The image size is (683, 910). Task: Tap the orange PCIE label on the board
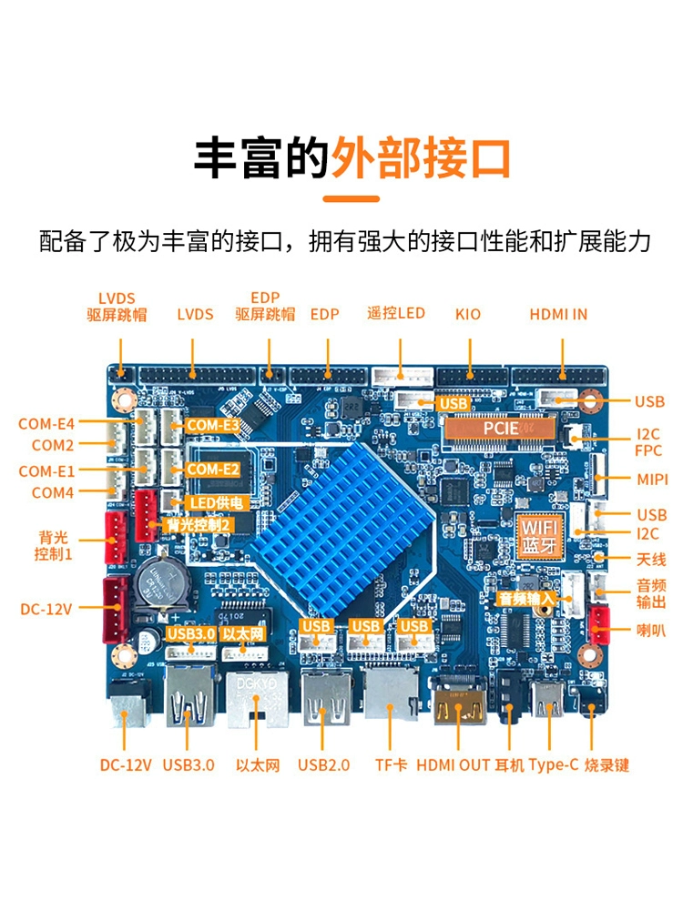tap(501, 429)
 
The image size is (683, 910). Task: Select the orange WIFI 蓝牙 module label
tap(539, 536)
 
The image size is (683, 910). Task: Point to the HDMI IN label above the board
tap(558, 315)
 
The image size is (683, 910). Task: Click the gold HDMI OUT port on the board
tap(460, 706)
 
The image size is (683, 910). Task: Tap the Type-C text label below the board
tap(554, 765)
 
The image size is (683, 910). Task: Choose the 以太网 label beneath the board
tap(258, 765)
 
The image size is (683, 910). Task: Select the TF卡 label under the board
tap(391, 765)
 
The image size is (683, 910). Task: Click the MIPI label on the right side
tap(652, 480)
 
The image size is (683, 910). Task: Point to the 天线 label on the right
tap(651, 560)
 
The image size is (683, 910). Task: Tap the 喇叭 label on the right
tap(651, 630)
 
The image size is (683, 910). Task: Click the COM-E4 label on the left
tap(46, 424)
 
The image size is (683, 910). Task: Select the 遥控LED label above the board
tap(396, 313)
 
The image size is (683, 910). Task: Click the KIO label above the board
tap(468, 315)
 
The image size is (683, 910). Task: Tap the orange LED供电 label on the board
tap(216, 503)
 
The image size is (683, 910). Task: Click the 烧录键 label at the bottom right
tap(607, 765)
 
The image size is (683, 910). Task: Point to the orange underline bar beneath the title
tap(351, 198)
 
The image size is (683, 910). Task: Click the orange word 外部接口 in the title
tap(421, 157)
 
